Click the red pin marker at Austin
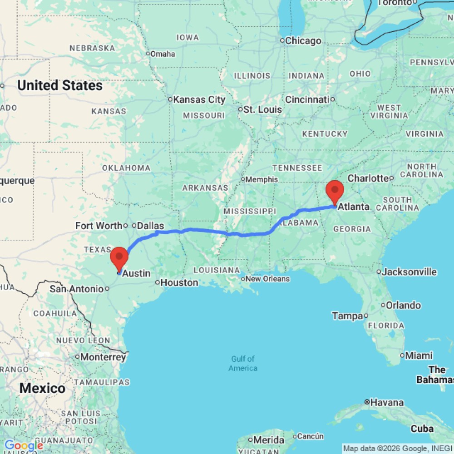(119, 257)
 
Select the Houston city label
(179, 282)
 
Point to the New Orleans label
(268, 279)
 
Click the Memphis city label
(262, 179)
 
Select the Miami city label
(418, 355)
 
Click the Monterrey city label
(103, 357)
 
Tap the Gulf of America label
(243, 363)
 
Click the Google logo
(24, 446)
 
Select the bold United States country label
(60, 85)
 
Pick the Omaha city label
(163, 54)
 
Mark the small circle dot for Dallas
(134, 226)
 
